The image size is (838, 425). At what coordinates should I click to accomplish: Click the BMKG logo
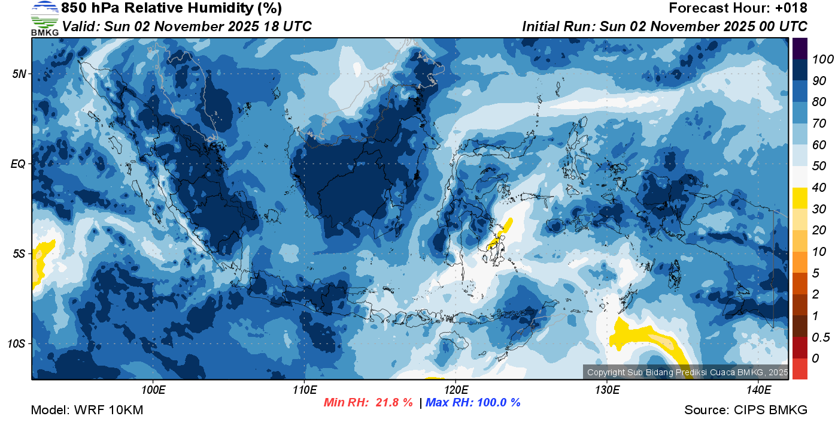pos(45,19)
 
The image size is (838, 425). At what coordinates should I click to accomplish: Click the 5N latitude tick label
pos(19,74)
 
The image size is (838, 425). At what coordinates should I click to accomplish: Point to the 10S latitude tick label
pos(16,343)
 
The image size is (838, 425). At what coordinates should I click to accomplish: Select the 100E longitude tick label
pos(153,390)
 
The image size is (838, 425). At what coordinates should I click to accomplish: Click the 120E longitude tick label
pos(456,390)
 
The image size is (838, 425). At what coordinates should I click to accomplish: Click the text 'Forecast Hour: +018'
pos(738,8)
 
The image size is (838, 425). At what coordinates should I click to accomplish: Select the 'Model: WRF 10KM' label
pos(87,411)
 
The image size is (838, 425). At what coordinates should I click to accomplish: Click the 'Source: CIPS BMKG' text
pos(746,411)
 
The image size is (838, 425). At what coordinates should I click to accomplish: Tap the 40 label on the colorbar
pos(819,188)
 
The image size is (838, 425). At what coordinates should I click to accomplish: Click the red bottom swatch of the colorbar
pos(800,369)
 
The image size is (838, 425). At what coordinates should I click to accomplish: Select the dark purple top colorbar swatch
pos(800,48)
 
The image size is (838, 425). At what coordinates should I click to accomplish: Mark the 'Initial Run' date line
pos(664,26)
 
